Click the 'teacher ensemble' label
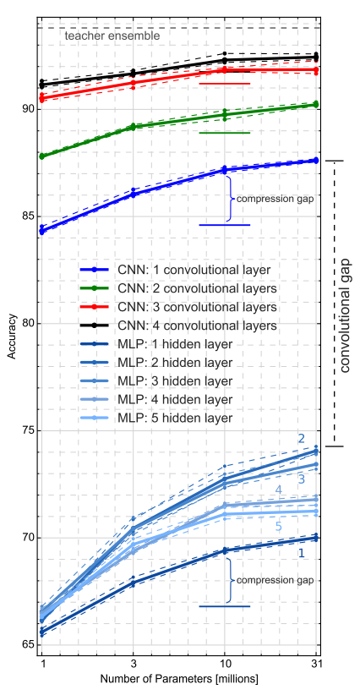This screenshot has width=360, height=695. click(x=112, y=36)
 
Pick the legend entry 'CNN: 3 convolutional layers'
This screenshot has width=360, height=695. click(x=179, y=307)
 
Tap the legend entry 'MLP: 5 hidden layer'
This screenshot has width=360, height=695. click(x=156, y=418)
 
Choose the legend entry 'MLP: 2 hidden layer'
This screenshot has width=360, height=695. click(x=156, y=362)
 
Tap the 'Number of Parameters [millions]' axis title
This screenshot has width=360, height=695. click(x=179, y=679)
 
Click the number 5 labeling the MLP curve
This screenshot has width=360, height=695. click(x=278, y=527)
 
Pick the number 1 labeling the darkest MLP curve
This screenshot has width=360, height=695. click(x=301, y=553)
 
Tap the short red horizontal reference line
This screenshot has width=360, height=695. click(x=225, y=84)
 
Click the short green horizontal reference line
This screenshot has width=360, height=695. click(x=225, y=133)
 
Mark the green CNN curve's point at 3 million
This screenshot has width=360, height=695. click(x=134, y=127)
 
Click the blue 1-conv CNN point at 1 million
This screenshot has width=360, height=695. click(x=42, y=231)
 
